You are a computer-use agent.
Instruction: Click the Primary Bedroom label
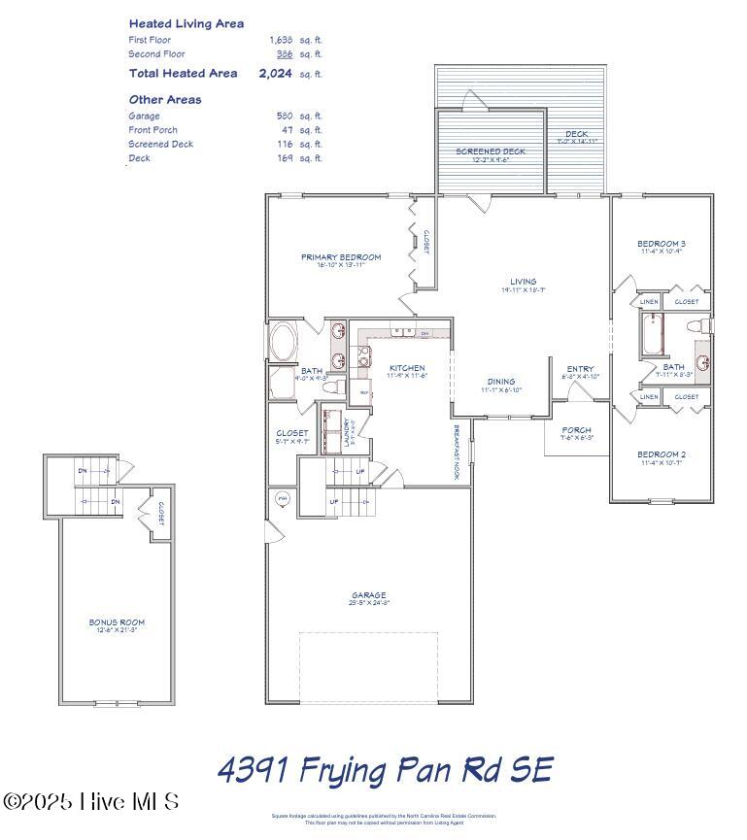(x=340, y=257)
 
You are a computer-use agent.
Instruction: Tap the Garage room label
(x=368, y=595)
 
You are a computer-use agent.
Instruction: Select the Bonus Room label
(x=117, y=622)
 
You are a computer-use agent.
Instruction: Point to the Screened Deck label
(x=491, y=151)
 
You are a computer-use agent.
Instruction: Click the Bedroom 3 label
(x=662, y=243)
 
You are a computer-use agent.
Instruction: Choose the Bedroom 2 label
(x=662, y=454)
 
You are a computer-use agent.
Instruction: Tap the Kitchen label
(x=407, y=368)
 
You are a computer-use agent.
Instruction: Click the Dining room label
(x=501, y=382)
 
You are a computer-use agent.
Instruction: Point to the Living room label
(x=524, y=282)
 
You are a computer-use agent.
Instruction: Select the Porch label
(x=577, y=430)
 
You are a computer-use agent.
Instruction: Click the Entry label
(x=580, y=369)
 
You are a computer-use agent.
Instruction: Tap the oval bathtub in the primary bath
(x=284, y=343)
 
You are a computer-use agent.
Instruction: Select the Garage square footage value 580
(x=285, y=116)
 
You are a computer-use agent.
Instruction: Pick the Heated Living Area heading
(x=187, y=23)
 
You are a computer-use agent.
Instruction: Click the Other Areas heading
(x=165, y=99)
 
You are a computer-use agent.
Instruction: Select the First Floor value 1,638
(x=281, y=40)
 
